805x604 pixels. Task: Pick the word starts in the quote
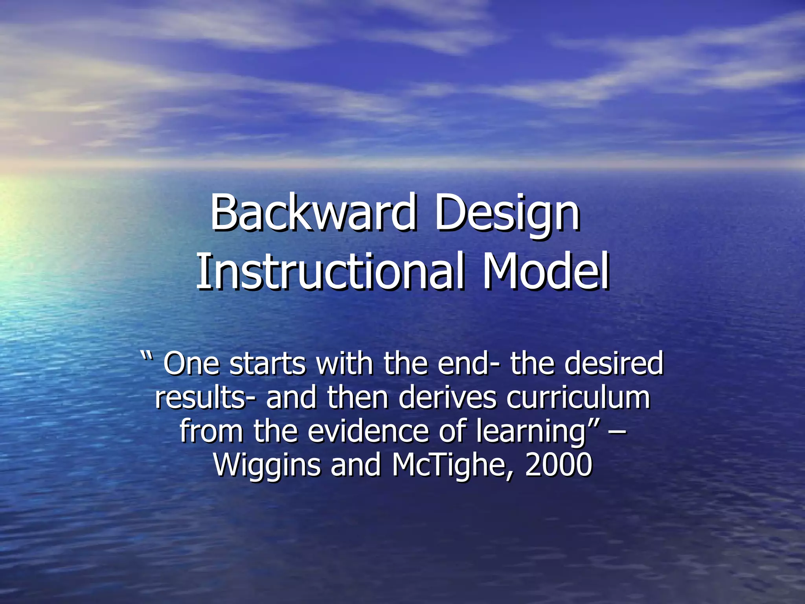pyautogui.click(x=267, y=364)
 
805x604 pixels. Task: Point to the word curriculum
pyautogui.click(x=578, y=398)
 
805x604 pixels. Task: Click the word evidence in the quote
pyautogui.click(x=367, y=431)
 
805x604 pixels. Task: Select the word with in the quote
pyautogui.click(x=344, y=364)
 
